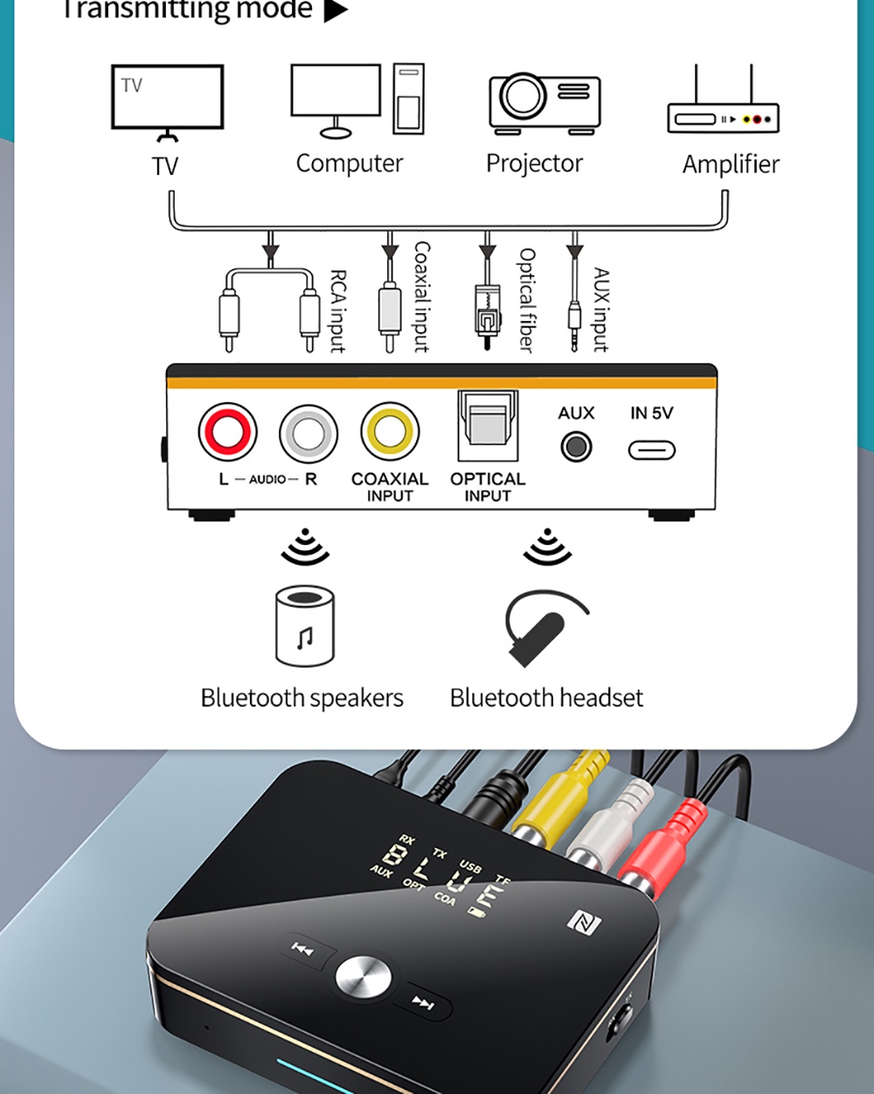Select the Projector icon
[x=545, y=103]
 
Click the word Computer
[x=349, y=164]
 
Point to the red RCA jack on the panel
[x=227, y=432]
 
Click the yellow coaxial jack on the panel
[x=390, y=431]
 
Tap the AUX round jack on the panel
[x=576, y=447]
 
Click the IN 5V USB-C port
[x=652, y=449]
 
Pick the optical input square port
[x=488, y=425]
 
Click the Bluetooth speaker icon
[x=304, y=626]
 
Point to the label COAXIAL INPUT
[x=390, y=486]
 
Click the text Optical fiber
[x=526, y=300]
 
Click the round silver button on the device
[x=363, y=977]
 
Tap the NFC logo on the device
[x=580, y=920]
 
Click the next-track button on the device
[x=423, y=1003]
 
